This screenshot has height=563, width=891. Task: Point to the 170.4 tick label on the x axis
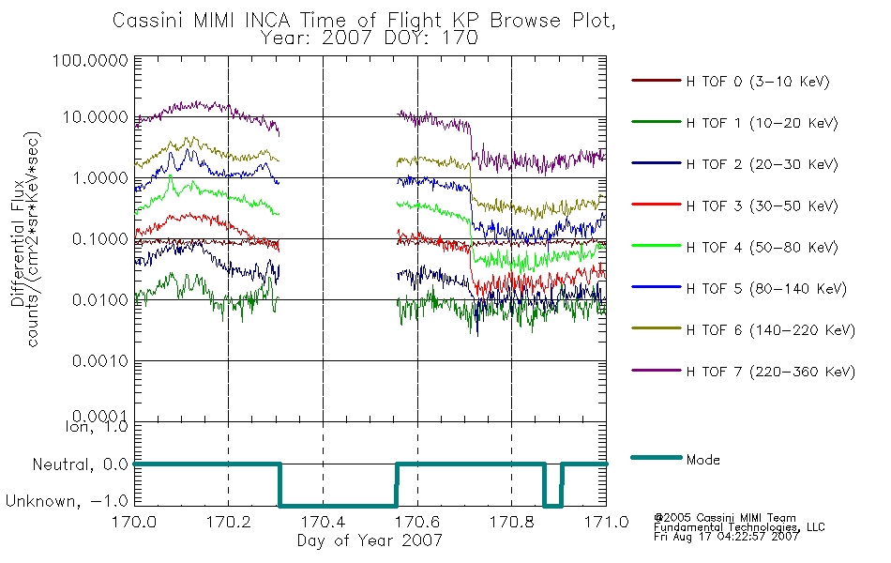point(324,522)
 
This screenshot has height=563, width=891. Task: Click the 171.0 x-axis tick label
point(606,522)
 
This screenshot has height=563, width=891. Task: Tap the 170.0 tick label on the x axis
point(134,522)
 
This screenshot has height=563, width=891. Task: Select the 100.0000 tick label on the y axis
point(90,60)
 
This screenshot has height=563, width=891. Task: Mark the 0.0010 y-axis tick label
point(100,361)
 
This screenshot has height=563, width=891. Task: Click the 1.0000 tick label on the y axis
point(100,178)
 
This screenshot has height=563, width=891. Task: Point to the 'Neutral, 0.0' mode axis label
point(80,465)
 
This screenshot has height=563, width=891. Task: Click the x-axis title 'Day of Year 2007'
point(370,540)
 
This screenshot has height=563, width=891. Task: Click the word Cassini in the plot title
point(149,21)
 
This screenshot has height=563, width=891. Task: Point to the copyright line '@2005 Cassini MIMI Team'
point(724,518)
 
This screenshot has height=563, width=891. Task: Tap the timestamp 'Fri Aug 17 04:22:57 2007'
point(726,537)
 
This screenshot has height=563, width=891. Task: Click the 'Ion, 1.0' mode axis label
point(97,427)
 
